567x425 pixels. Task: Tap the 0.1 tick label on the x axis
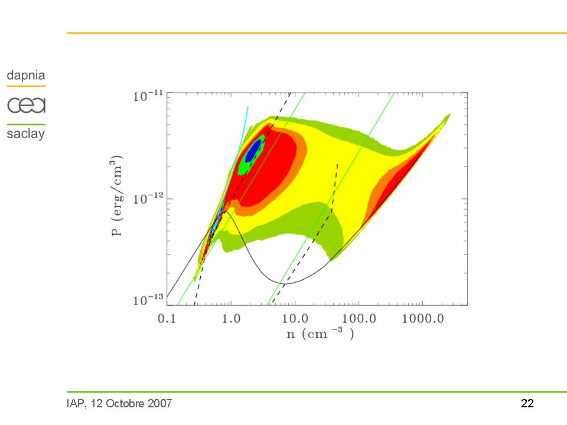click(x=167, y=319)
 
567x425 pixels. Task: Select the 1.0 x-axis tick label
click(x=230, y=319)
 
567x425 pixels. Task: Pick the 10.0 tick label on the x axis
click(x=293, y=319)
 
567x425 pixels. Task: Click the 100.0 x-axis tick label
click(x=359, y=319)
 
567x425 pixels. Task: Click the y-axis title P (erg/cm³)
click(x=120, y=195)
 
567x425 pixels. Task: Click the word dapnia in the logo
click(x=25, y=76)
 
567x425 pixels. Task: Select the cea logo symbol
click(x=26, y=105)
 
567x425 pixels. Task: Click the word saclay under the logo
click(x=25, y=133)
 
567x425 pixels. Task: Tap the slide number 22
click(x=527, y=404)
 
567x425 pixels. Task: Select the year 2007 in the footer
click(x=159, y=404)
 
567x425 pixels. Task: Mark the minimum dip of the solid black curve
click(x=285, y=283)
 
